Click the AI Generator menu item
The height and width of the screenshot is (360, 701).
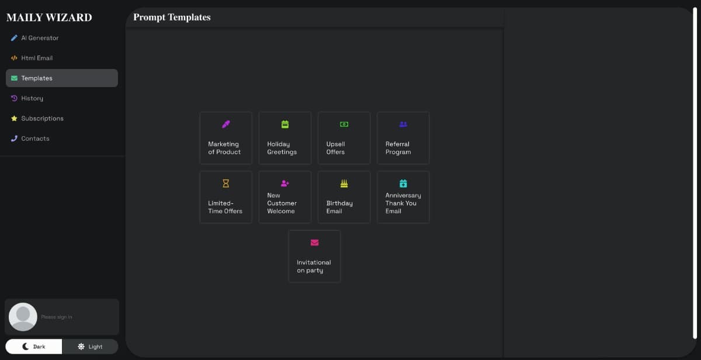(x=34, y=38)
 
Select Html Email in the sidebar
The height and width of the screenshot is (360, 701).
(x=32, y=58)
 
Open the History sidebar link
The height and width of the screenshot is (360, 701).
(x=27, y=98)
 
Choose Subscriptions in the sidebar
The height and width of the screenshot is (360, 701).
(x=37, y=118)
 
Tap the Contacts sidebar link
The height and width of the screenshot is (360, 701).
(x=30, y=139)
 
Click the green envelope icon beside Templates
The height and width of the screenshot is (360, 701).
(x=14, y=78)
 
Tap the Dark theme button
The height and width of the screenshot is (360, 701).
(x=34, y=347)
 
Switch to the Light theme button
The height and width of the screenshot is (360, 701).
(x=90, y=347)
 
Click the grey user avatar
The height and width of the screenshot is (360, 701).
(x=23, y=317)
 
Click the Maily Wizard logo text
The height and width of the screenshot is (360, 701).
(x=50, y=18)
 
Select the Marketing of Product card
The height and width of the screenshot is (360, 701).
(x=226, y=138)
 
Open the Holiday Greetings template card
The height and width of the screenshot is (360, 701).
(x=285, y=138)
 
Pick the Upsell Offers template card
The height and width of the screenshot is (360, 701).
(x=344, y=138)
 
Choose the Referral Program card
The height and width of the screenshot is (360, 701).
(x=404, y=138)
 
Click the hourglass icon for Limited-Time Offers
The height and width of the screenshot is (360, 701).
(x=226, y=184)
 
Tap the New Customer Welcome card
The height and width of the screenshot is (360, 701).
(x=285, y=197)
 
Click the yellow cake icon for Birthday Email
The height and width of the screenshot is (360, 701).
(x=344, y=184)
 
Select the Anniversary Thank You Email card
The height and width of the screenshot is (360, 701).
(x=404, y=197)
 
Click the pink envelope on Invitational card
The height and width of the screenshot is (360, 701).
(x=314, y=243)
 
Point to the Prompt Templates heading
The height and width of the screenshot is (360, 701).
(x=172, y=17)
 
